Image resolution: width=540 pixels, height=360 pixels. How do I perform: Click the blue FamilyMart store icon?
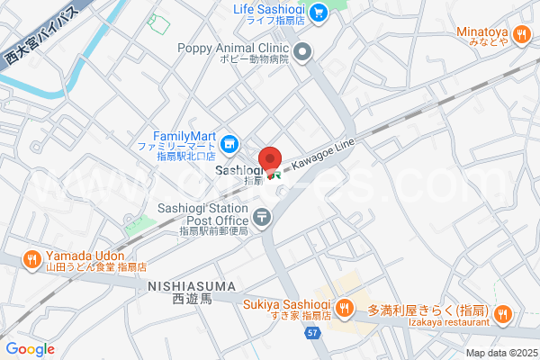(x=230, y=142)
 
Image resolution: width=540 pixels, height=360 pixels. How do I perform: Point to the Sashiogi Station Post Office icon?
(x=261, y=216)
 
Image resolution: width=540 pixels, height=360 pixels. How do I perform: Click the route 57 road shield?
(x=311, y=333)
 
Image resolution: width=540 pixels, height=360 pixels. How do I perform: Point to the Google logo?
(x=30, y=349)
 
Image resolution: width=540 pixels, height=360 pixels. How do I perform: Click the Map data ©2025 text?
(x=500, y=353)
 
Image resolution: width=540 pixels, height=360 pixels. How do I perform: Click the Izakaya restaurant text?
(x=453, y=322)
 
